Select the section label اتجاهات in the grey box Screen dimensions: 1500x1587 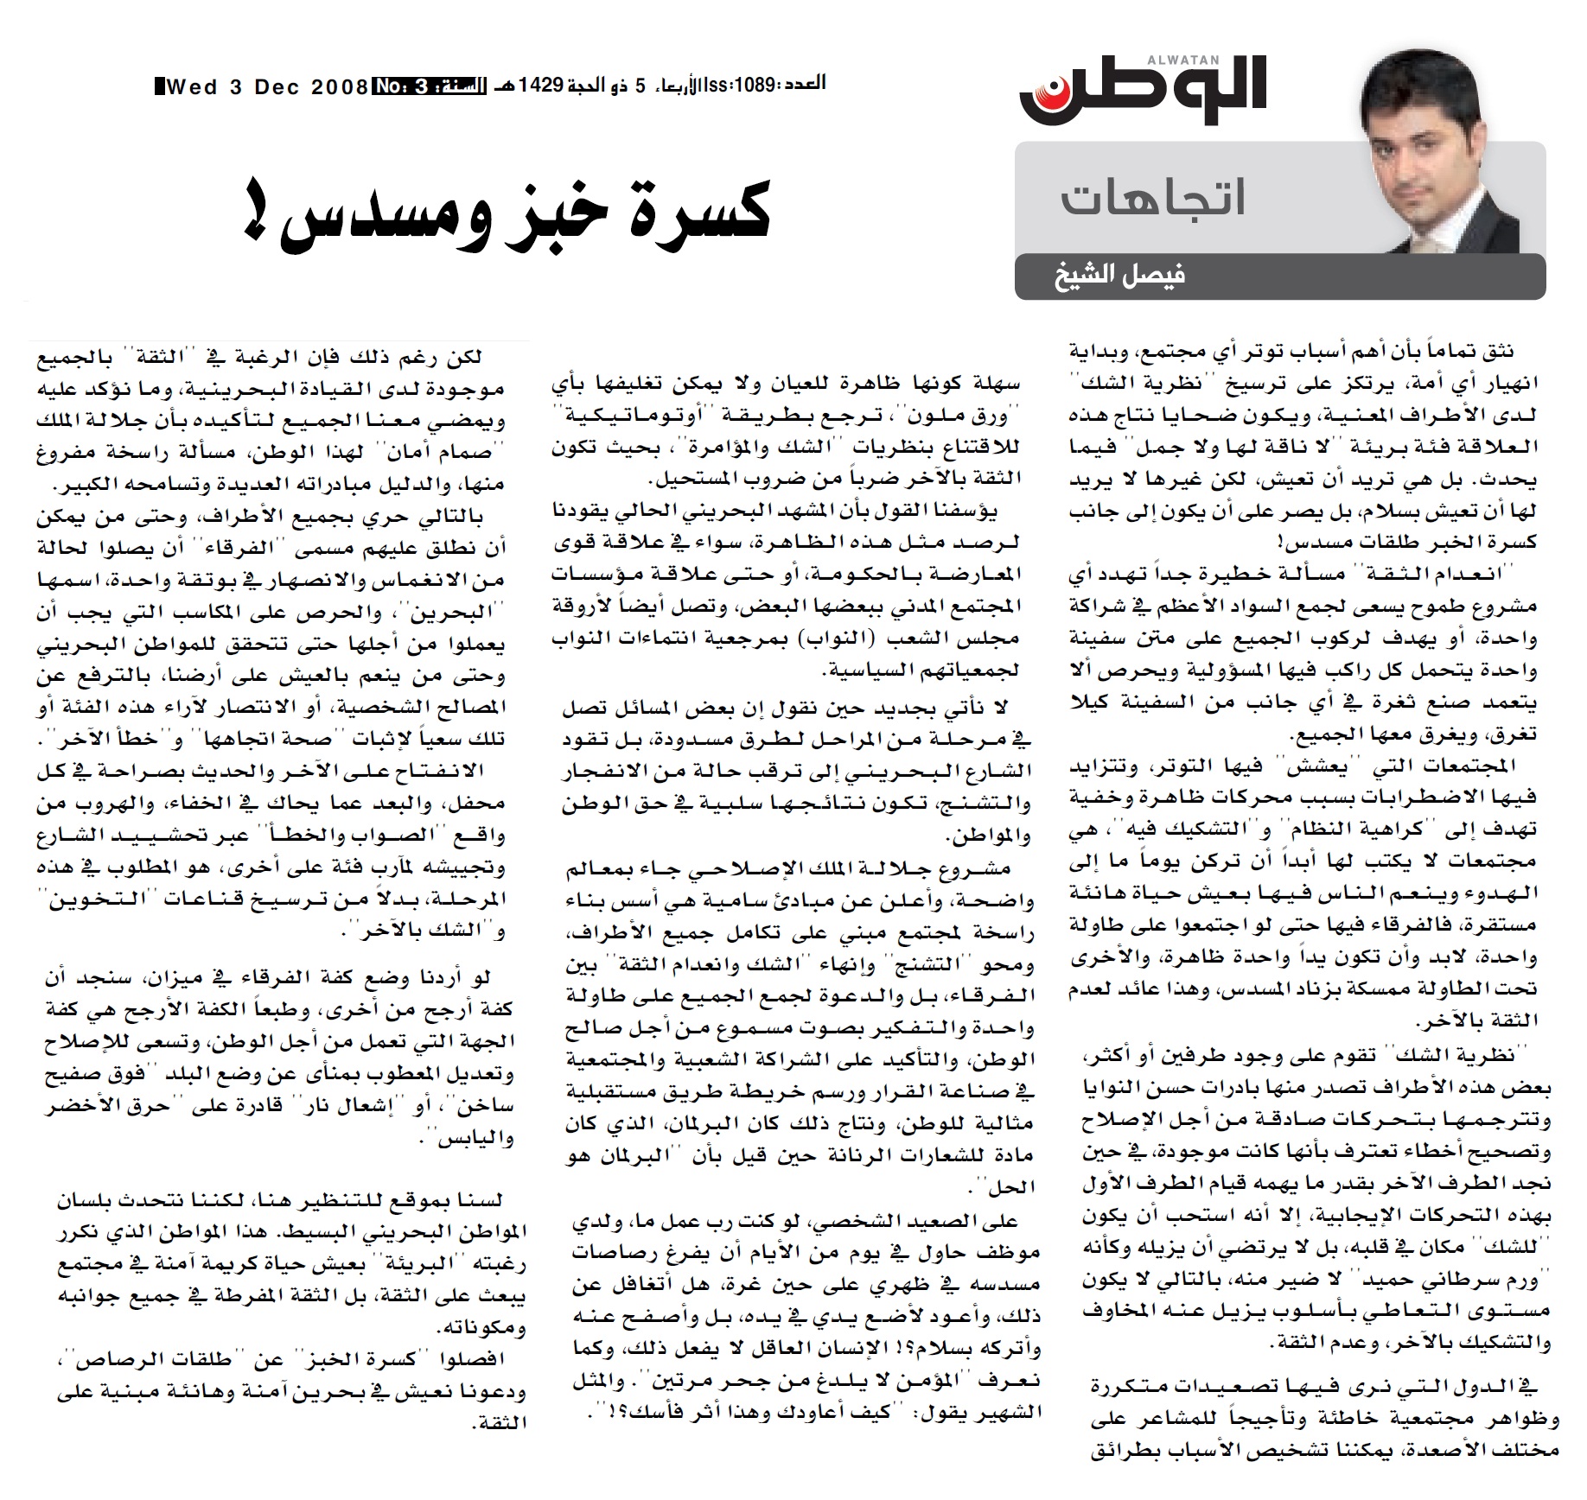click(1153, 199)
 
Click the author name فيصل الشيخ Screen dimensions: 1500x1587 click(1119, 277)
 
